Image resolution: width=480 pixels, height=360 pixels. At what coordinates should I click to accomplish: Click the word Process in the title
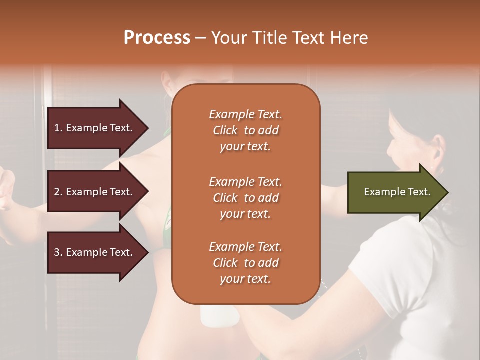pyautogui.click(x=157, y=38)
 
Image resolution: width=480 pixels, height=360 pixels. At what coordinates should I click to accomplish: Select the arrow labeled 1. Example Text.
pyautogui.click(x=95, y=128)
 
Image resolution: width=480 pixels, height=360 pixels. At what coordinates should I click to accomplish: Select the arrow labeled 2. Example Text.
pyautogui.click(x=95, y=192)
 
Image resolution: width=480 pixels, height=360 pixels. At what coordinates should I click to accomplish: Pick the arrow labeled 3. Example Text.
pyautogui.click(x=95, y=252)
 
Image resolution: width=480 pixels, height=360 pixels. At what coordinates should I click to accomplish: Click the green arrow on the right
pyautogui.click(x=395, y=192)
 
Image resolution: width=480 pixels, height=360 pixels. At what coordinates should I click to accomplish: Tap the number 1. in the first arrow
pyautogui.click(x=58, y=128)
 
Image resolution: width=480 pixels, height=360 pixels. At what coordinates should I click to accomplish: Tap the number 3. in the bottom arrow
pyautogui.click(x=58, y=252)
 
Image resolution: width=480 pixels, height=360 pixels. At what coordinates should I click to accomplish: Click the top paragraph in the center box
pyautogui.click(x=245, y=130)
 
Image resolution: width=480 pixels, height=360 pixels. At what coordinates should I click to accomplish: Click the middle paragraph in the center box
pyautogui.click(x=245, y=198)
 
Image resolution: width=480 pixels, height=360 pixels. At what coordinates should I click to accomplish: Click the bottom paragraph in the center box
pyautogui.click(x=245, y=263)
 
